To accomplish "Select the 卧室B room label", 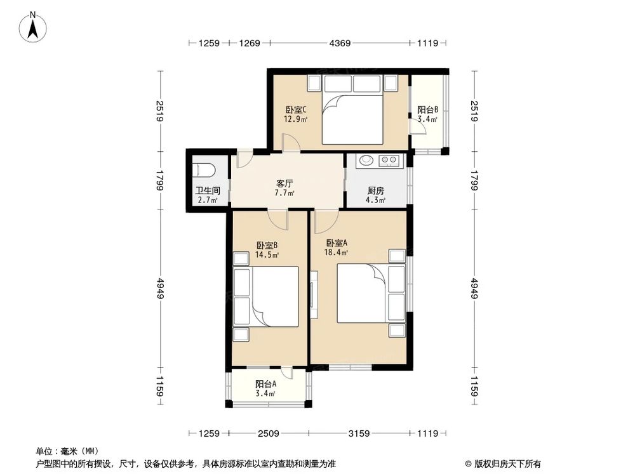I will [267, 246].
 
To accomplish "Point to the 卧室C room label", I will [296, 109].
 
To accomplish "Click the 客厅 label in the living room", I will [284, 183].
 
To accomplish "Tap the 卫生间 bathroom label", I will [207, 190].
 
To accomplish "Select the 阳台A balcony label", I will [266, 384].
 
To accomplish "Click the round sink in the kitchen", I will [366, 160].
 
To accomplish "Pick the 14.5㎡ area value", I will [267, 255].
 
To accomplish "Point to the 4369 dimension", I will [339, 43].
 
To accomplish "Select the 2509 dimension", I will [267, 433].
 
